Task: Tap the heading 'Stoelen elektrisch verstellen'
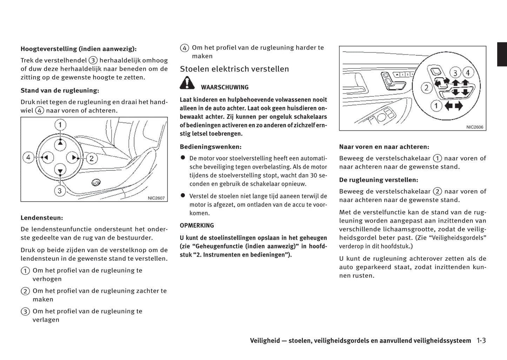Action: pos(234,69)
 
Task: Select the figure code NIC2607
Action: pos(156,198)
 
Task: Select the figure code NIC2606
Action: pos(475,127)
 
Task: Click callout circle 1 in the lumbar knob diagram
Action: pos(60,125)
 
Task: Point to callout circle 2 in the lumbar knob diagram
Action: pos(92,158)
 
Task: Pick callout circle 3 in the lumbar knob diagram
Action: pos(60,191)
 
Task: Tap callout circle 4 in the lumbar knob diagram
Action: pos(28,157)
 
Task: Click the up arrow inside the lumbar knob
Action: pos(60,143)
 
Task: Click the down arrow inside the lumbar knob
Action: pos(60,171)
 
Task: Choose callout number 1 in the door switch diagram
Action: pos(436,106)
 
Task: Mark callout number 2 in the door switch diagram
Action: pos(427,88)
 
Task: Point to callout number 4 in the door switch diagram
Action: pos(467,73)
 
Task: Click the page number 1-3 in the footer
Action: pos(481,340)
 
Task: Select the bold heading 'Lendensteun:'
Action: pos(42,218)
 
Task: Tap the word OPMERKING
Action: pos(197,226)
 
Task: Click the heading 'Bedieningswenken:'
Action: pos(211,147)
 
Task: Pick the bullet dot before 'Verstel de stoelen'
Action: pos(183,195)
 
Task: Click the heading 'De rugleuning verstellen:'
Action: pos(379,180)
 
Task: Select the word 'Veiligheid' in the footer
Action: pos(265,341)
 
